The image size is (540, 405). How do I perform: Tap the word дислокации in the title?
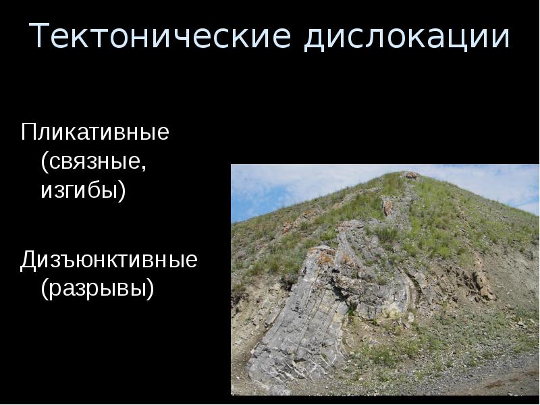tap(406, 38)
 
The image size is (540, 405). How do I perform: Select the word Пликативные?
tap(94, 132)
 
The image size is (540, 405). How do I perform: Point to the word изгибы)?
tap(83, 190)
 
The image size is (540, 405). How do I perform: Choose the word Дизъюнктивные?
tap(109, 259)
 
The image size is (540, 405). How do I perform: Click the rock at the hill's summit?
tap(410, 175)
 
